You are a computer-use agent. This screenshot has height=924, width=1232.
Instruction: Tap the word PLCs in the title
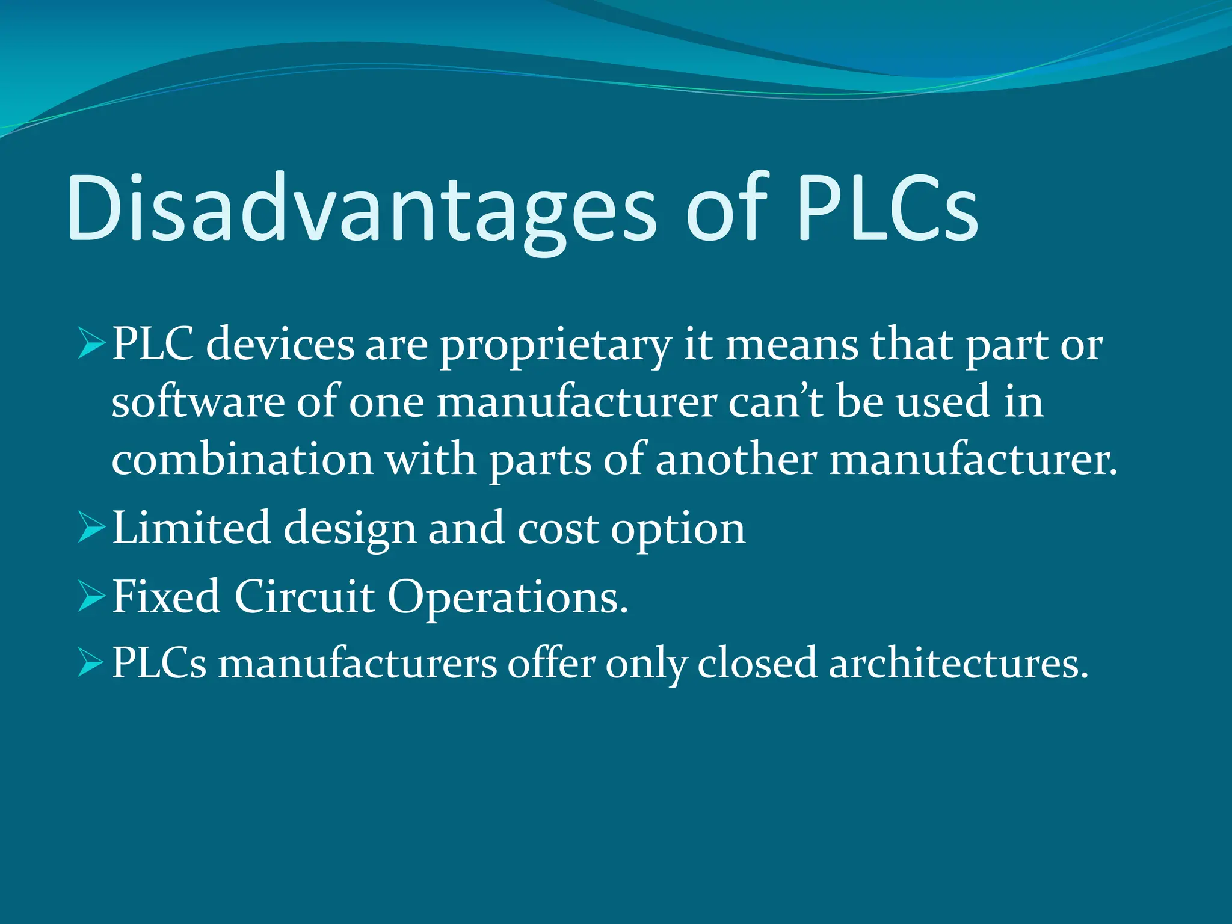(x=887, y=208)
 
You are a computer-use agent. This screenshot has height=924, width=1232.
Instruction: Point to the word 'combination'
(x=242, y=460)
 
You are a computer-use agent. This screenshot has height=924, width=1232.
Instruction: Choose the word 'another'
(x=735, y=460)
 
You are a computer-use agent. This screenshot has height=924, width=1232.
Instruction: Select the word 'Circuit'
(x=304, y=597)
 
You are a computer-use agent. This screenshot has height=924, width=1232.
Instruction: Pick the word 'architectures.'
(x=959, y=664)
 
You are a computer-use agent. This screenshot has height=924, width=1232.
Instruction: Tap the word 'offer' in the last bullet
(x=551, y=664)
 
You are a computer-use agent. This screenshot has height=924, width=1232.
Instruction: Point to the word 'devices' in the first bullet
(x=280, y=346)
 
